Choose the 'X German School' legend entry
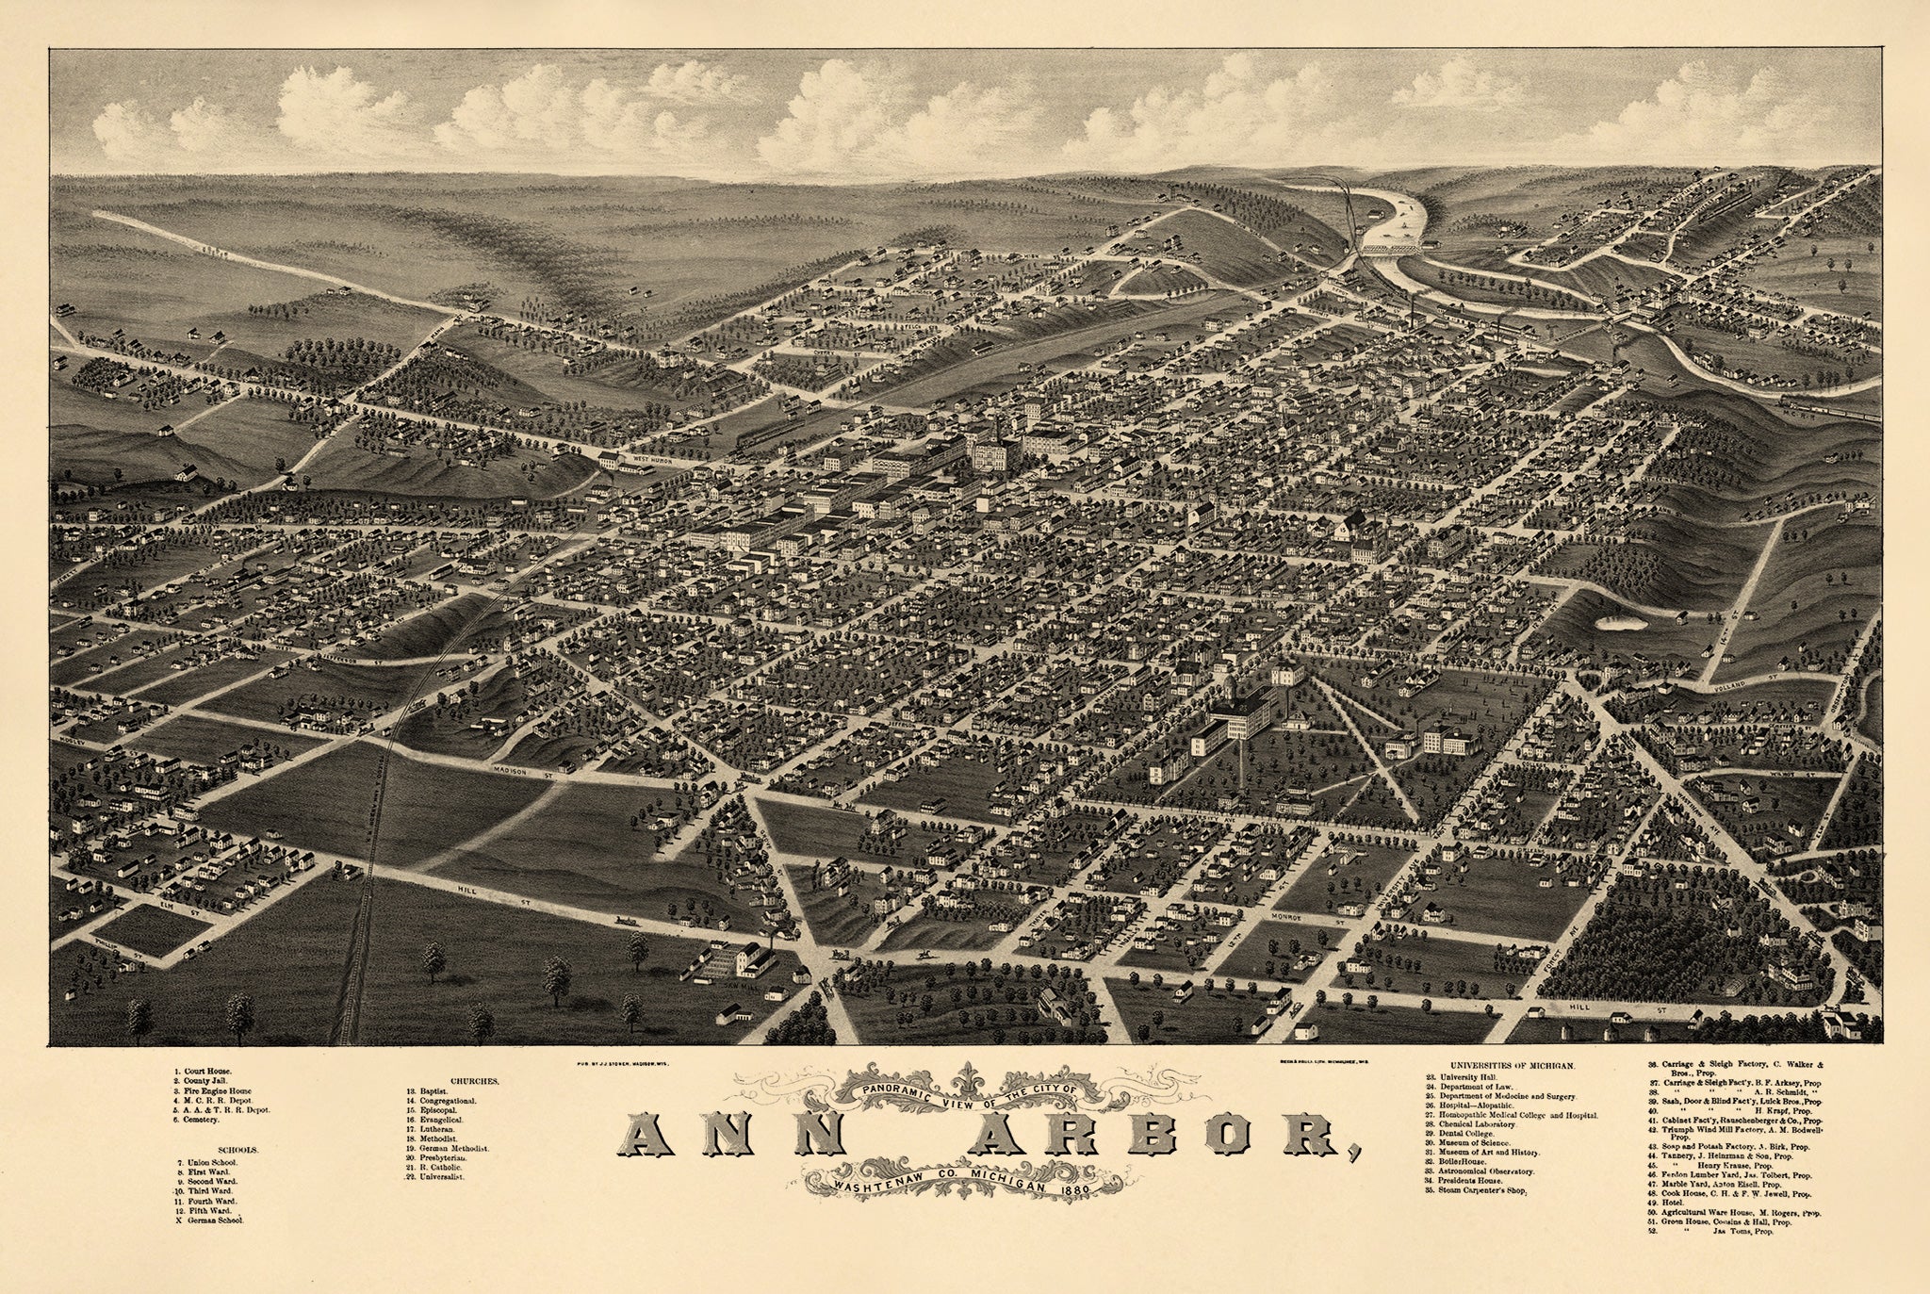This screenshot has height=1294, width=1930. (210, 1220)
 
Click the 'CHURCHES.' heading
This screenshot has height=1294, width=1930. (474, 1081)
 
